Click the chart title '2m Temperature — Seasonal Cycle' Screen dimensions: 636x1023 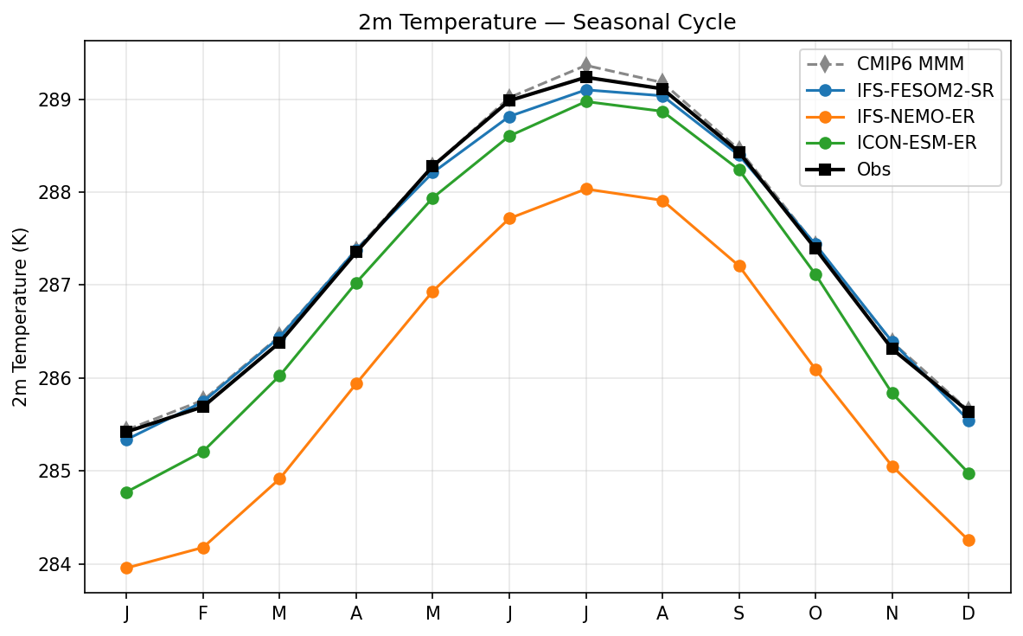pos(547,22)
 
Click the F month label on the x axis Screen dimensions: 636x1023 pos(203,614)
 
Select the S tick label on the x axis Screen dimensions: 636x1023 pos(739,614)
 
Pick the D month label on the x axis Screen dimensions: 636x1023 pos(969,614)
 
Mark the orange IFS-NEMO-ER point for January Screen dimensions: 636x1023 pos(126,568)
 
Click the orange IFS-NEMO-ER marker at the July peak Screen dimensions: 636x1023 pos(586,189)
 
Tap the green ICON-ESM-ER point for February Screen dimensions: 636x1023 pos(203,452)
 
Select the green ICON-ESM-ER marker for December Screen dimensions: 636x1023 pos(969,473)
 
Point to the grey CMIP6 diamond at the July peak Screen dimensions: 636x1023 pos(586,65)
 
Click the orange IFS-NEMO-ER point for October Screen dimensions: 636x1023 pos(815,369)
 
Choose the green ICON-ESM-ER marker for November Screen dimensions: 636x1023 pos(892,393)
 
